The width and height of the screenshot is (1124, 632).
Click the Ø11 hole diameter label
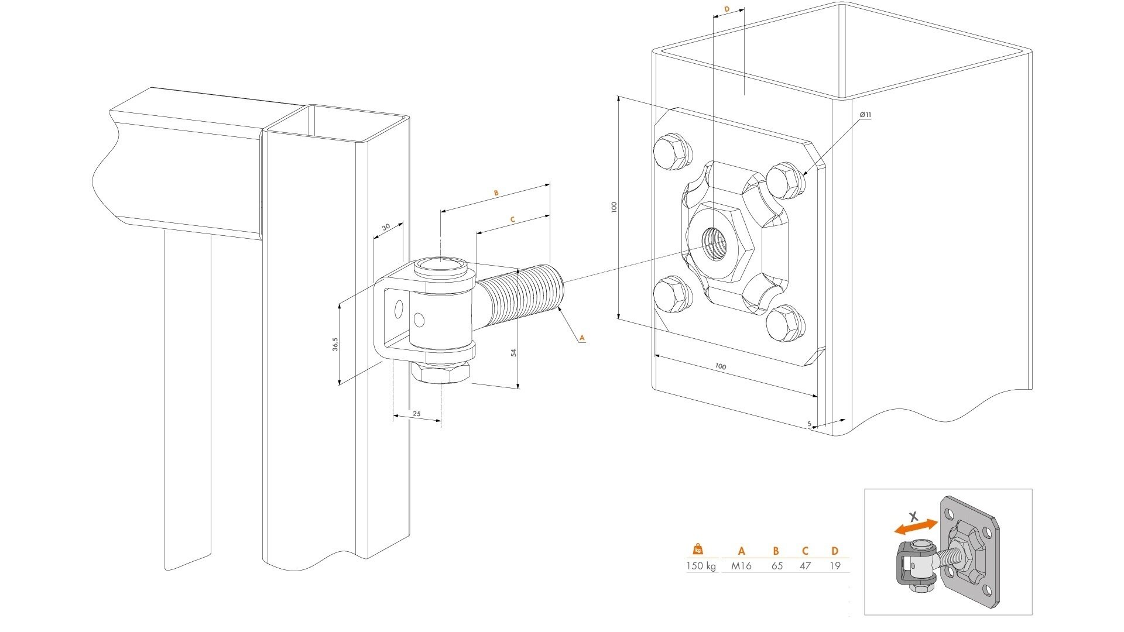click(865, 115)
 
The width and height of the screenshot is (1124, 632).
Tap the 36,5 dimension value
click(335, 344)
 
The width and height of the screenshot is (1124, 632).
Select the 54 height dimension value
click(513, 352)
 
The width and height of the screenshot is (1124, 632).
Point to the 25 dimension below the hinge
click(417, 414)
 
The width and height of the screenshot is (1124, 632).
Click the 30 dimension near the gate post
click(386, 227)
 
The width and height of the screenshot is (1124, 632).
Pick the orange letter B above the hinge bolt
click(496, 193)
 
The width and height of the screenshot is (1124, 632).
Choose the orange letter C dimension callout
click(512, 220)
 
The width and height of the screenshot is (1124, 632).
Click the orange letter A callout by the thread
click(581, 338)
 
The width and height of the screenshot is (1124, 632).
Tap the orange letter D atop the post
click(727, 9)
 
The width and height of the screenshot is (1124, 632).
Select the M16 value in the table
click(741, 566)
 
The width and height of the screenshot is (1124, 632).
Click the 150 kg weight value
click(701, 566)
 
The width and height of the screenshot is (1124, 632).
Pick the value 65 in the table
click(776, 566)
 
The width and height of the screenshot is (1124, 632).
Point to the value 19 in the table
click(835, 566)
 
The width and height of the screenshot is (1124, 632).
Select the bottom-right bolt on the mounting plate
click(785, 323)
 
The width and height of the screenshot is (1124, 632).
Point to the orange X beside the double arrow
click(913, 517)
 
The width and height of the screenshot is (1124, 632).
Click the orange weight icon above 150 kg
click(698, 549)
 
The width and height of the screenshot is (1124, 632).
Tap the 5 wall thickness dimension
click(809, 424)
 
